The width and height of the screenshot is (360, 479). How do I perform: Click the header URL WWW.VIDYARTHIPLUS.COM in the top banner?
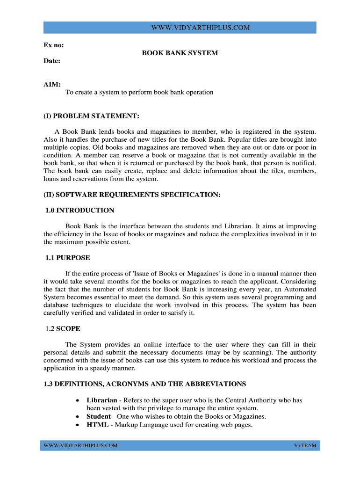(201, 28)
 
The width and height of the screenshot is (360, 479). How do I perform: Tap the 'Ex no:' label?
(54, 45)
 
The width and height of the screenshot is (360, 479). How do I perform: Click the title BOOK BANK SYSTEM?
(180, 53)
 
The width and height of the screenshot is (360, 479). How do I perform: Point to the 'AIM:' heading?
(52, 84)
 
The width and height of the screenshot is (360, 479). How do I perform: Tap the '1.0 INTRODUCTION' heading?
(80, 210)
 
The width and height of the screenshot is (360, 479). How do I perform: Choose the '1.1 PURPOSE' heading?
(68, 258)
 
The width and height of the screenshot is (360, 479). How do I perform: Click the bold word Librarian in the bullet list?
(102, 400)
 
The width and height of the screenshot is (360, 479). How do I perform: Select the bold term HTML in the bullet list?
(98, 425)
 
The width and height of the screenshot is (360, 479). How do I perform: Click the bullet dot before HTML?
(77, 425)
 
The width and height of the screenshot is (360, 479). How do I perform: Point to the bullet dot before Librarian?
(77, 401)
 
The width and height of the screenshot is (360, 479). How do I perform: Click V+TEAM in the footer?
(305, 446)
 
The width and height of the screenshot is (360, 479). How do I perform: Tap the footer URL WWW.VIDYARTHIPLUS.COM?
(80, 446)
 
